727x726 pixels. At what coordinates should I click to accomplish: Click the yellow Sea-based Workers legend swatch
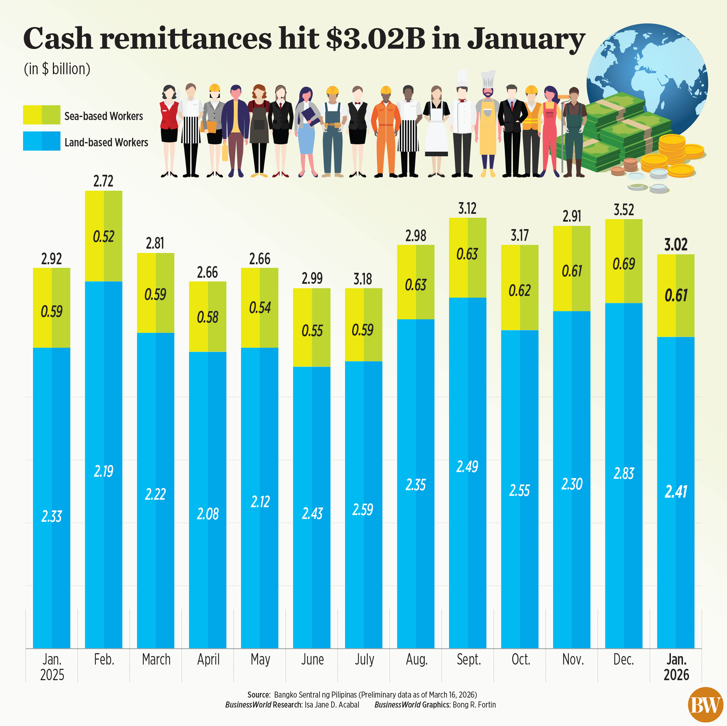click(42, 115)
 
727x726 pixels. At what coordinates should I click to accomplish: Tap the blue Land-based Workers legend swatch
click(42, 141)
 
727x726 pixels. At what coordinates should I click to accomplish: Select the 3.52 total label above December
click(623, 210)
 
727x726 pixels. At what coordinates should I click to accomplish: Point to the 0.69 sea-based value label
click(623, 264)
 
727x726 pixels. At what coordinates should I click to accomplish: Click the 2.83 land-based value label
click(623, 473)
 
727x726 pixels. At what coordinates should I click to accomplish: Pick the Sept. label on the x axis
click(469, 659)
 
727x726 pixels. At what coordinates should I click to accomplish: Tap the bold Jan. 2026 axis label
click(676, 667)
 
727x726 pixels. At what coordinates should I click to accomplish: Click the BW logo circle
click(705, 705)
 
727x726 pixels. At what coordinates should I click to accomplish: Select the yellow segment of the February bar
click(104, 236)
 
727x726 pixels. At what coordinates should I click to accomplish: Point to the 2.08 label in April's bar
click(207, 514)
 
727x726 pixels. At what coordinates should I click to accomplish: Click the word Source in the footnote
click(258, 695)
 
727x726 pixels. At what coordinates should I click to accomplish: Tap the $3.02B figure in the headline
click(375, 39)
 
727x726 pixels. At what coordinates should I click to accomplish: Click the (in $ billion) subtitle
click(57, 69)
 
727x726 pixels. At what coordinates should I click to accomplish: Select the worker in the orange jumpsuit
click(386, 132)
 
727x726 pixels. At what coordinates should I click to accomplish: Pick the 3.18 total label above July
click(363, 279)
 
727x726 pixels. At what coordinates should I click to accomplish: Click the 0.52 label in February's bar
click(104, 237)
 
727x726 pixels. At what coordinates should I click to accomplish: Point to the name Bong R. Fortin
click(474, 705)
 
